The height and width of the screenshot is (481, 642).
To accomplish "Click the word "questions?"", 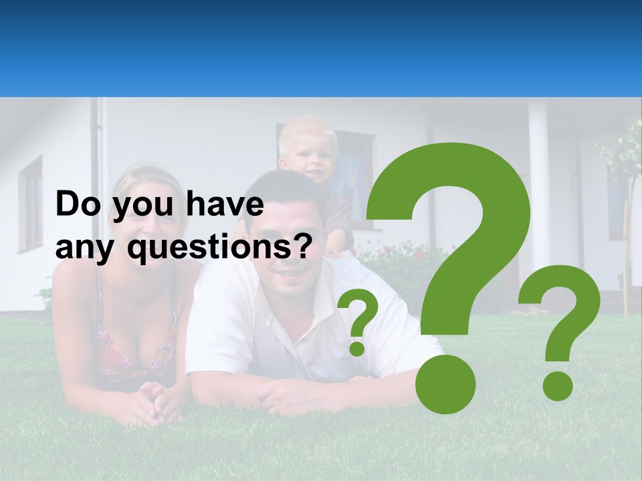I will pyautogui.click(x=221, y=249).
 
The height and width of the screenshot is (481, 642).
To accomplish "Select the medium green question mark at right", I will pyautogui.click(x=560, y=314).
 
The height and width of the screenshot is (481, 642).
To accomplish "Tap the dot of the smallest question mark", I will pyautogui.click(x=358, y=348).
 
